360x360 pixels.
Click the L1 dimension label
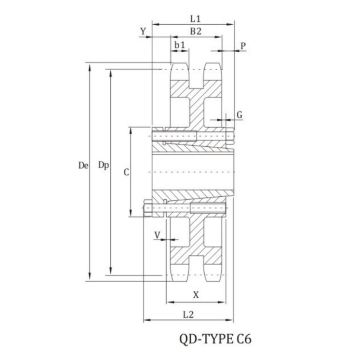coord(195,19)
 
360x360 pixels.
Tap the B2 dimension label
coord(196,31)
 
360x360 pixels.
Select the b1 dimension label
coord(180,45)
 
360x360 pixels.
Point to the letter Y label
coord(143,31)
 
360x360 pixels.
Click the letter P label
coord(243,46)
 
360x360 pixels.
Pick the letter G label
coord(239,115)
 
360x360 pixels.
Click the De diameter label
coord(83,165)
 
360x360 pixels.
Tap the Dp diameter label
coord(103,165)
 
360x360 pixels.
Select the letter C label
coord(126,172)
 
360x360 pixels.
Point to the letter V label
coord(157,235)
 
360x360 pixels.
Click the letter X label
coord(196,295)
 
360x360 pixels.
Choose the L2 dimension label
coord(188,315)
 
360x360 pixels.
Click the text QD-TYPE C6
coord(215,339)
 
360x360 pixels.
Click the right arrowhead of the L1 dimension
coord(232,24)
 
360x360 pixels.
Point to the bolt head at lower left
coord(148,208)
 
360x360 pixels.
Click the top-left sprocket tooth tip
coord(180,63)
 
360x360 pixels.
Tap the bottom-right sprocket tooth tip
coord(213,280)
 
